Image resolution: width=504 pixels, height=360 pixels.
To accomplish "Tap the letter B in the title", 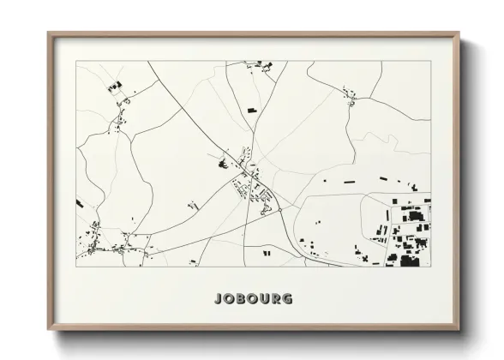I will (239, 299).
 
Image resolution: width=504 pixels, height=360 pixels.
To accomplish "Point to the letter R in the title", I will (276, 299).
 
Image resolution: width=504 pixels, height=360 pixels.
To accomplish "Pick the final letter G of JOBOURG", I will (288, 299).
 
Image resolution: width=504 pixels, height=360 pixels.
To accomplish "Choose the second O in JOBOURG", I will (252, 299).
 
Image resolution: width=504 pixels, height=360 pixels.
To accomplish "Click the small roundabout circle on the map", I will (279, 208).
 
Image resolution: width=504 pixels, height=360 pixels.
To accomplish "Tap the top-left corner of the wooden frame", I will (48, 33).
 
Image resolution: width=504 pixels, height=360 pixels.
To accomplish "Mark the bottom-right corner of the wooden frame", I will (459, 331).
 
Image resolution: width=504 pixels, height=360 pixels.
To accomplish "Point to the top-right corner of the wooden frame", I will (459, 33).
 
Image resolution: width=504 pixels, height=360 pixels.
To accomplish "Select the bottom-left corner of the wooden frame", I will (48, 331).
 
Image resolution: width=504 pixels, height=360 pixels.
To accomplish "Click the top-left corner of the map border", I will (76, 61).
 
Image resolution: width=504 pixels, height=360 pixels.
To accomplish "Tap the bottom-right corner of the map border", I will (431, 267).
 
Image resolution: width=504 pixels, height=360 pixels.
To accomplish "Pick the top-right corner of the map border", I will (431, 61).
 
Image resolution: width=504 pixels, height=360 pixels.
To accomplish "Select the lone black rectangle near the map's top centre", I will (251, 110).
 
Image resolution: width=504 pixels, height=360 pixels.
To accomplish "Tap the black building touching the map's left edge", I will (79, 203).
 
